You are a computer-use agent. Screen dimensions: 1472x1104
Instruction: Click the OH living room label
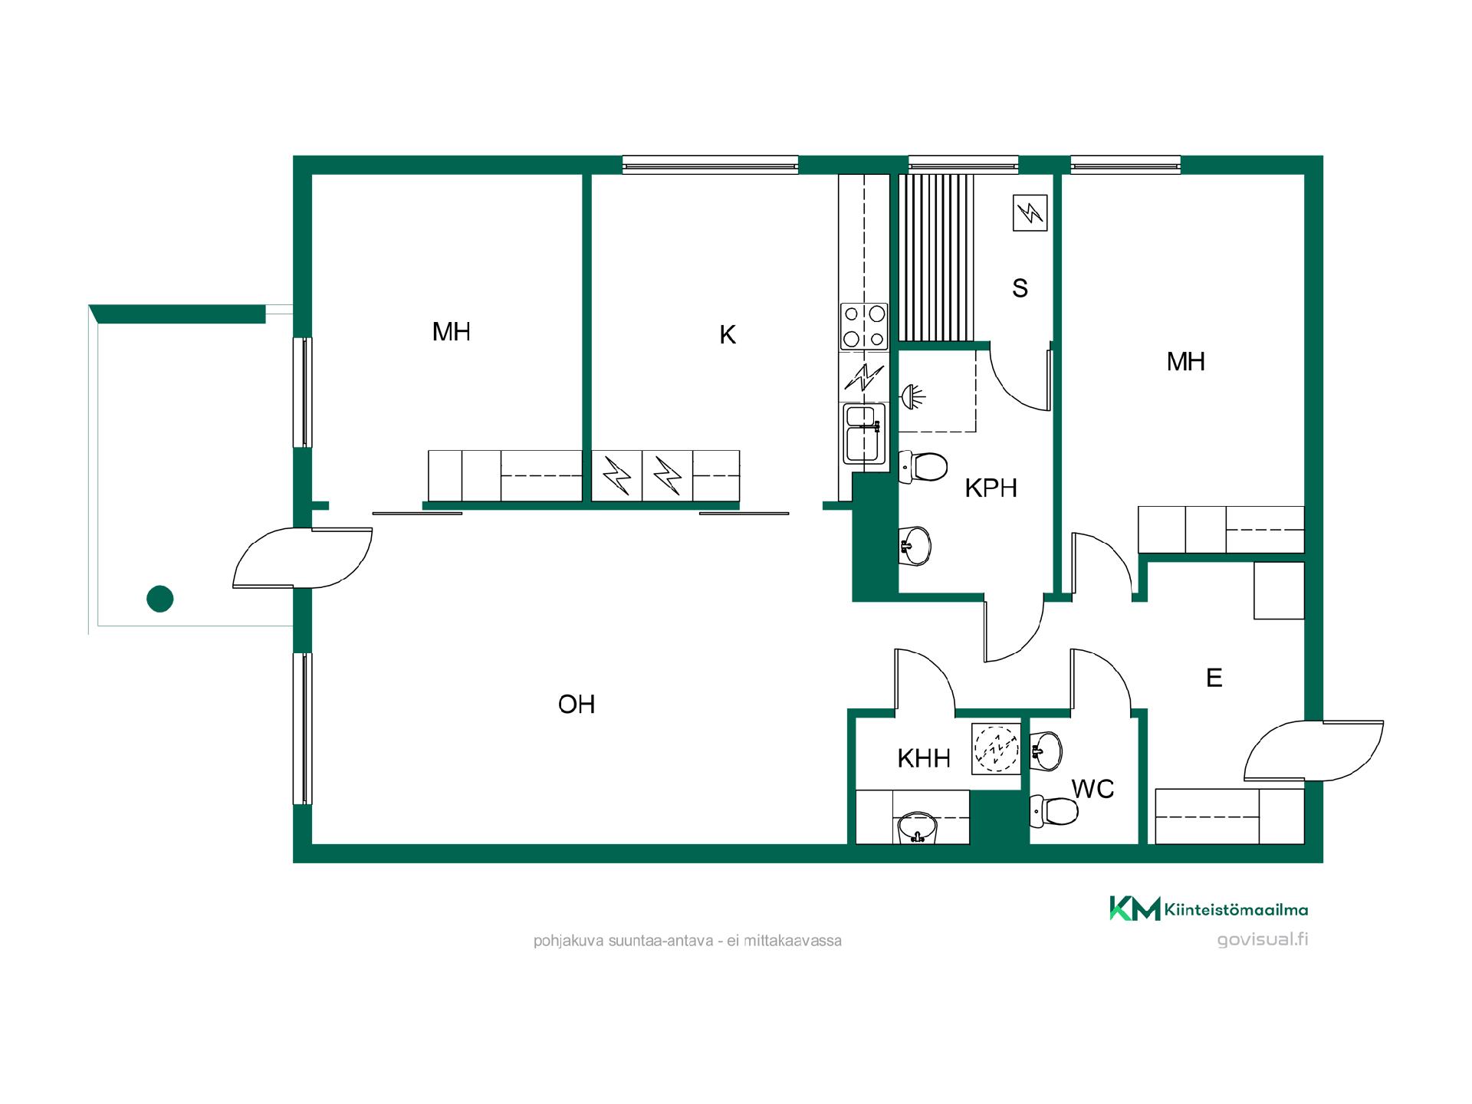point(577,705)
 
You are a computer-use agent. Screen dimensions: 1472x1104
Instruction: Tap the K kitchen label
point(728,335)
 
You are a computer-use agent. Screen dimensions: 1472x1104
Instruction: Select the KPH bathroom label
point(991,488)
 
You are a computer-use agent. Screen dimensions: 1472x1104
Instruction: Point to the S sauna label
point(1020,288)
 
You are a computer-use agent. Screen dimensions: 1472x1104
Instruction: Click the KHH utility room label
point(924,759)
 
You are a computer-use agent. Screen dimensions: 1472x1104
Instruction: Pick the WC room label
point(1092,789)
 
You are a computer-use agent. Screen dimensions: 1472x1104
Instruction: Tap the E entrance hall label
point(1214,678)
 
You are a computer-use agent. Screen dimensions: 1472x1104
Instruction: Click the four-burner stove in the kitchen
point(864,326)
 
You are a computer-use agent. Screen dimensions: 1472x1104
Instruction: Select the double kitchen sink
point(864,434)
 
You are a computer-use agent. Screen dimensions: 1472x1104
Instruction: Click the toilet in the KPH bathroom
point(923,467)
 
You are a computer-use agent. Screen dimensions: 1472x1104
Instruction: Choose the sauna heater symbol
point(1029,213)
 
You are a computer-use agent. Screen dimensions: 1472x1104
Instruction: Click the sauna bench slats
point(936,258)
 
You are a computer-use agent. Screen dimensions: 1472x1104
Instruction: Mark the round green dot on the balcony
point(159,598)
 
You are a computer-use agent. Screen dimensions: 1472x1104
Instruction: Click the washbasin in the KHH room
point(916,828)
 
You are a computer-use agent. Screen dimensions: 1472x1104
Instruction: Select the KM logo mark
point(1135,909)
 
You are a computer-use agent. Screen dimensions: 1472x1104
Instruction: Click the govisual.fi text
point(1263,939)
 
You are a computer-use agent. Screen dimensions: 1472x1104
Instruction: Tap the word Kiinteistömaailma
point(1236,910)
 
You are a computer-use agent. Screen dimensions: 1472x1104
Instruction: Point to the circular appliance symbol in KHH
point(996,747)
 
